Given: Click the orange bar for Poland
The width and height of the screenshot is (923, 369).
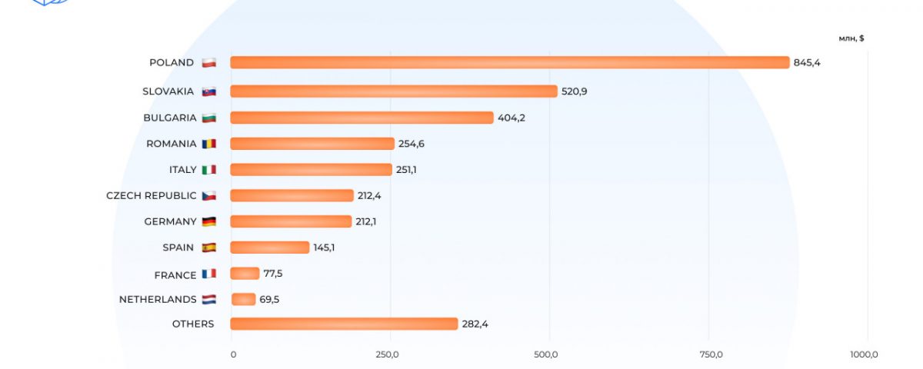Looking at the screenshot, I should click(509, 62).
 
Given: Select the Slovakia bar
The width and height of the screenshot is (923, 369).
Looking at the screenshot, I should click(393, 91).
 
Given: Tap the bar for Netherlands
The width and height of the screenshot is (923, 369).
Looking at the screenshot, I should click(244, 299).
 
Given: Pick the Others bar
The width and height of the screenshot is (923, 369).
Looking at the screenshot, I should click(344, 324).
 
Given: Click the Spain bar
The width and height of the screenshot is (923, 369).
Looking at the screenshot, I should click(269, 248).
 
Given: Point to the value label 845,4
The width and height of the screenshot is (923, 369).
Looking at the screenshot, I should click(807, 62).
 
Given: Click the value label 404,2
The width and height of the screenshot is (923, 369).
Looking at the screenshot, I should click(511, 118).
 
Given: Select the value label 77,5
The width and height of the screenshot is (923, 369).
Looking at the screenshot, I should click(275, 273).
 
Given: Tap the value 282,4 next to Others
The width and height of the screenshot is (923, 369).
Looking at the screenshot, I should click(475, 324).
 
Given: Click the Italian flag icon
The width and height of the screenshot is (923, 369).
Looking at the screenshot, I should click(208, 169).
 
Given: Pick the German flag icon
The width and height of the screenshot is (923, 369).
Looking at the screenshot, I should click(208, 221).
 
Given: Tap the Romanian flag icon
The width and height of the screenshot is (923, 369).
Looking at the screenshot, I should click(208, 144).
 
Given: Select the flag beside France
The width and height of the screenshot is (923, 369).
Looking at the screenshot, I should click(208, 273).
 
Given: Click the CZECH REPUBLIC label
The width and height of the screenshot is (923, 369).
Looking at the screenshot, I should click(151, 195).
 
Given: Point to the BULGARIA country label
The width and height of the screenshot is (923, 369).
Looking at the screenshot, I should click(168, 118).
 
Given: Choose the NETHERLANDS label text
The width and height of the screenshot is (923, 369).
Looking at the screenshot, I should click(157, 299).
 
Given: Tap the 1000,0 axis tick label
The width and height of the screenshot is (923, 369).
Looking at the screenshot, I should click(864, 354).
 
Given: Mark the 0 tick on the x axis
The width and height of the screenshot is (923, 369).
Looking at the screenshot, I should click(233, 354).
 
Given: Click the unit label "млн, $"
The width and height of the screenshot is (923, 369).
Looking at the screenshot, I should click(851, 38).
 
